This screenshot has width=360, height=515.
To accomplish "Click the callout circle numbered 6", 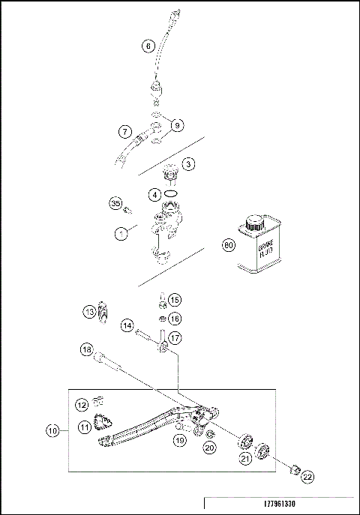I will pos(148,46).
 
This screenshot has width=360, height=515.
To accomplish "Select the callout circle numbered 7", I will pos(125,132).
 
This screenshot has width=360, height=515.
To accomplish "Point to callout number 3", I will pos(189,163).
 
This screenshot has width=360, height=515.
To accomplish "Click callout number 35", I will pos(115,203).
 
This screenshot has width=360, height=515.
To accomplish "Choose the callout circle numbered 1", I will pos(121,234).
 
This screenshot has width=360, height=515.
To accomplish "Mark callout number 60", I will pos(229,245).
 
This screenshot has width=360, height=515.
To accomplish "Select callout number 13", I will pos(89,311).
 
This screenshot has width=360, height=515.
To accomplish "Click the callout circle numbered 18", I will pos(87,349).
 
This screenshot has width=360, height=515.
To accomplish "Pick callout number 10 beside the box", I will pos(52,431).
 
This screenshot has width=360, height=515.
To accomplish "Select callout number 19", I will pos(179,442).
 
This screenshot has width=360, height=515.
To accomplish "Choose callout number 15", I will pos(174,300).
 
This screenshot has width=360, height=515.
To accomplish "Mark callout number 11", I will pos(85,427).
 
